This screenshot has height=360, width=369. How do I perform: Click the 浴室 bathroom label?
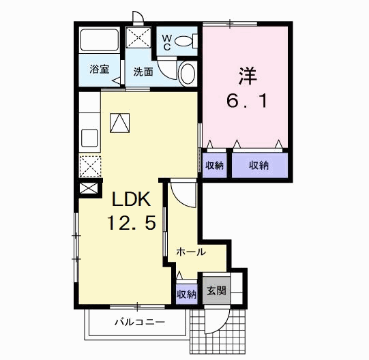point(100,70)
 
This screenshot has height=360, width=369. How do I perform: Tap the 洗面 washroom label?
point(143,70)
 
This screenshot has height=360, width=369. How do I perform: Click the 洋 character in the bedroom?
point(246,74)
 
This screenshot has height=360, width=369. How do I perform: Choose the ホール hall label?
point(191,252)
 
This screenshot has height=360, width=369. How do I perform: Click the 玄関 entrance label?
point(216,291)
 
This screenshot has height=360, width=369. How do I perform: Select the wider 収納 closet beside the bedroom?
point(259,164)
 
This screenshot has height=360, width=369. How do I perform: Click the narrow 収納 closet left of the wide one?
point(214,164)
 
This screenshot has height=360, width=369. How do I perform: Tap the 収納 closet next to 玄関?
point(187,294)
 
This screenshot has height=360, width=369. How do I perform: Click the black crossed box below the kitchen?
point(89,188)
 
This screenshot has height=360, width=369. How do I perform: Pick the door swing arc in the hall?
point(182,193)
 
